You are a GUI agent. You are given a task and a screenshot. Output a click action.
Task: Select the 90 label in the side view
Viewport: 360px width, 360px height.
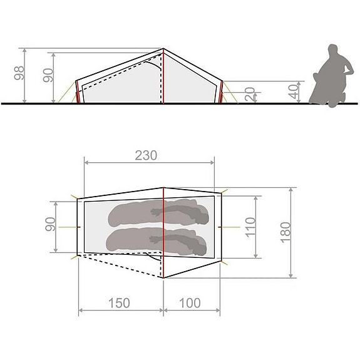point(48,76)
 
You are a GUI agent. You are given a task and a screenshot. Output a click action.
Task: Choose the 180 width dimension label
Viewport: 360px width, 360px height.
point(304,233)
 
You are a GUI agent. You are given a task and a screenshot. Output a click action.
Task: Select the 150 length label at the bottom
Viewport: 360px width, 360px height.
point(119,303)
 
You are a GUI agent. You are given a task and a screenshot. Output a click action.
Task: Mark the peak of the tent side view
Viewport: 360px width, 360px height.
point(163,49)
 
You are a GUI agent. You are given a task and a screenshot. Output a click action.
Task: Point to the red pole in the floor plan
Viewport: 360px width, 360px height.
point(163,232)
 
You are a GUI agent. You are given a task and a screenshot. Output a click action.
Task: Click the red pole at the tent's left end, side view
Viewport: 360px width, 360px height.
point(78,91)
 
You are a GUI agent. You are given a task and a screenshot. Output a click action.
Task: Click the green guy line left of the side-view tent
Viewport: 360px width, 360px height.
point(65,92)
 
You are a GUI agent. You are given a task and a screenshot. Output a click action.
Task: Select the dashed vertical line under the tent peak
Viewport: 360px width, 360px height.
point(162,78)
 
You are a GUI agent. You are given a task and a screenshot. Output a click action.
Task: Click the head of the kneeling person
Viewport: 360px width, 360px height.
point(332,52)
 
